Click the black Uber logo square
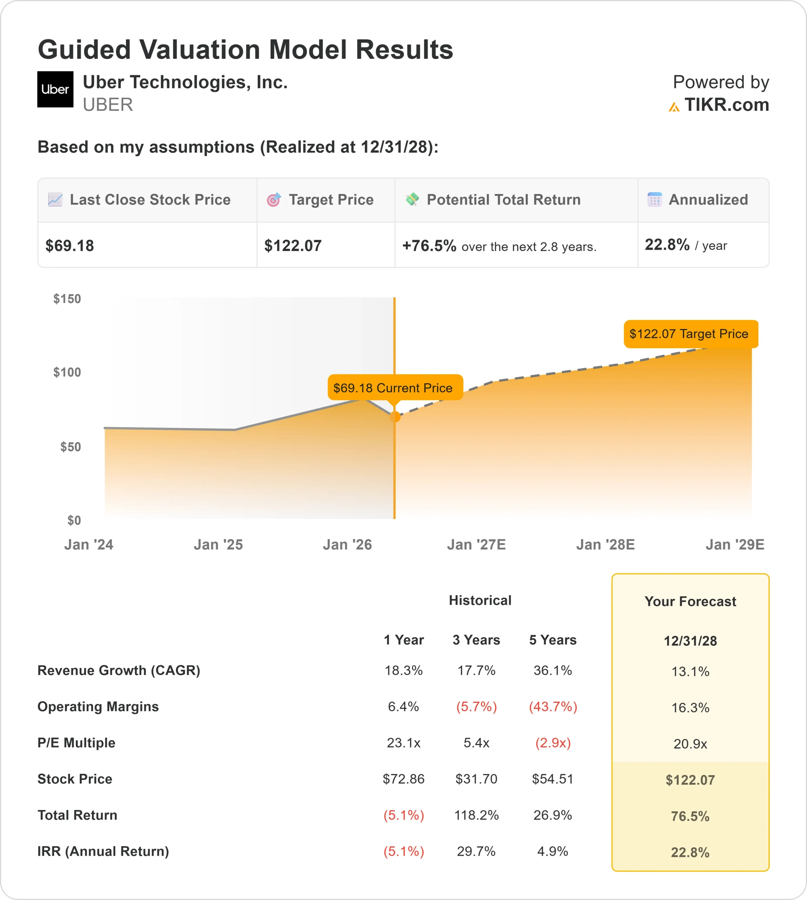pos(55,89)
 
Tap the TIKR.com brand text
pos(726,105)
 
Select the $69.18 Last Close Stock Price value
pos(70,246)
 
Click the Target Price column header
pos(330,200)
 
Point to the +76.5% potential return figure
pos(429,246)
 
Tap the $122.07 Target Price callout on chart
pos(690,334)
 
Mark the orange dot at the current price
pos(395,417)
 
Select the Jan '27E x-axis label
pos(476,544)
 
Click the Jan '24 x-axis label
pos(89,544)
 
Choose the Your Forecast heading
pos(690,602)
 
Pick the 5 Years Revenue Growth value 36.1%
pos(553,670)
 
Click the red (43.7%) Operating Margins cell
pos(553,707)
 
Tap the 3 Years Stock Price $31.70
pos(476,779)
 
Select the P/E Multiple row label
pos(76,742)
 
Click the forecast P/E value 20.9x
pos(690,744)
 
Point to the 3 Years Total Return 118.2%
pos(476,815)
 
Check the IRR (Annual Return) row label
pos(103,851)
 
